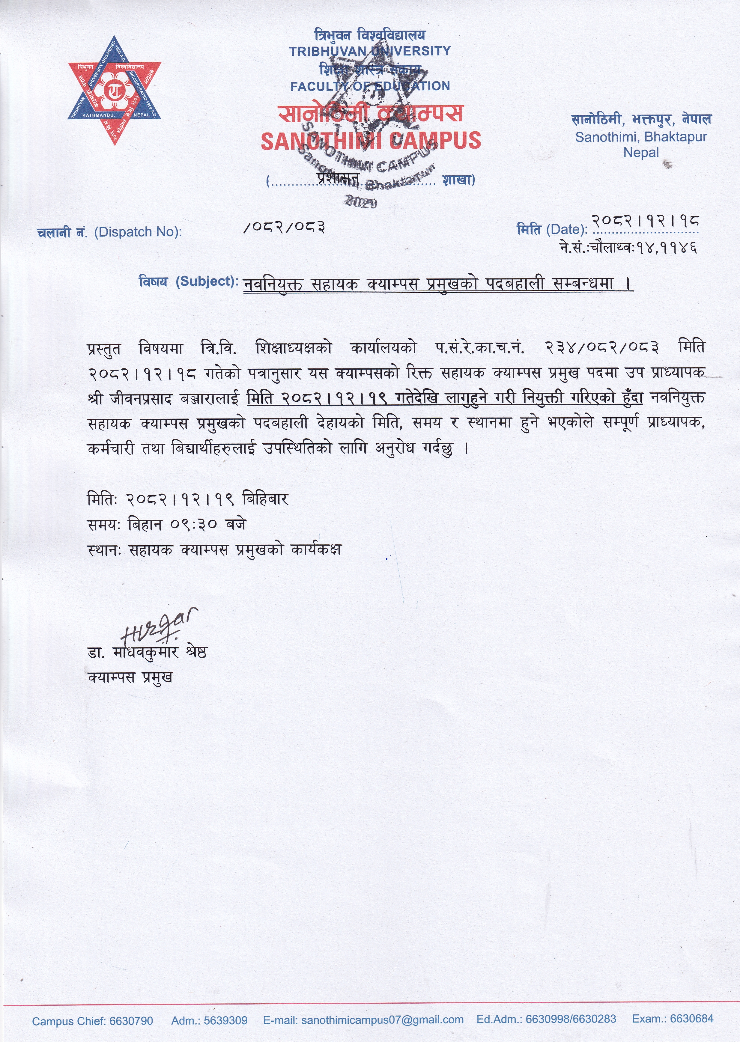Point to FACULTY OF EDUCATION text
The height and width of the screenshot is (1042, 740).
(x=370, y=86)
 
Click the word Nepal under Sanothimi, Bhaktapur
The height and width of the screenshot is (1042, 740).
(x=641, y=153)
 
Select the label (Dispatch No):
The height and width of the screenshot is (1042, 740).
(x=138, y=232)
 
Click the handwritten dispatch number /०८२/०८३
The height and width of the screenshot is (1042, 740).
(x=284, y=226)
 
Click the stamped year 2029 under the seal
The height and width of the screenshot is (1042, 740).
(x=361, y=202)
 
